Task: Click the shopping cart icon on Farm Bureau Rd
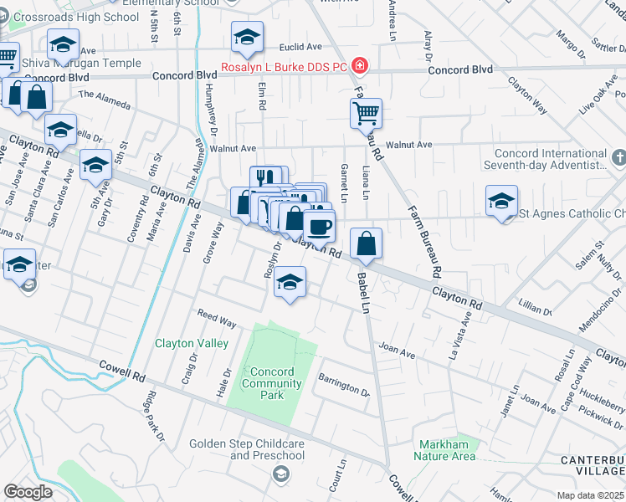click(365, 112)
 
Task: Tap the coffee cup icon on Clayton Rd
click(318, 225)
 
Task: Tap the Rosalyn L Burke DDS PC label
click(285, 67)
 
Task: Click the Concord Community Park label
click(271, 378)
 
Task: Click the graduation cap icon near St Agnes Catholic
click(500, 201)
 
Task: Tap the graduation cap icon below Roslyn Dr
click(290, 282)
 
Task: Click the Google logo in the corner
click(28, 491)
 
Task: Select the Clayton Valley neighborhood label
click(191, 343)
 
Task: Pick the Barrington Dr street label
click(344, 385)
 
